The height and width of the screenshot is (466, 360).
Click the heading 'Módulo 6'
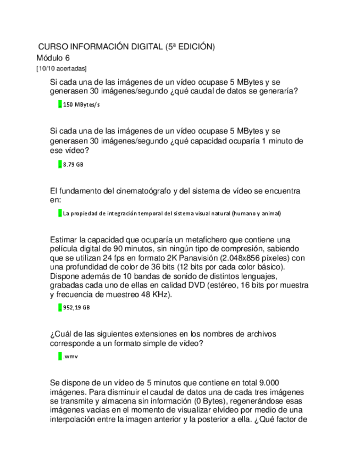point(53,58)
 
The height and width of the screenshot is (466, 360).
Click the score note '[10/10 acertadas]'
point(61,68)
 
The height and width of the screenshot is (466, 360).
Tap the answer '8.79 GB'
point(73,164)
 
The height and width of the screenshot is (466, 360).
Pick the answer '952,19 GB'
point(76,308)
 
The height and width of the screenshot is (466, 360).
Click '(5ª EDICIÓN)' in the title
point(190,47)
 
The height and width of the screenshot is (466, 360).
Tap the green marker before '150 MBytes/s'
point(59,104)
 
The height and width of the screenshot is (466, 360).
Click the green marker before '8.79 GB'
point(59,164)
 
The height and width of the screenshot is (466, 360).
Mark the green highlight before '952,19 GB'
point(59,308)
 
